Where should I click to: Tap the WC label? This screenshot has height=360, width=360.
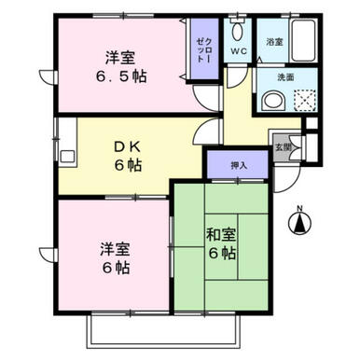tap(239, 50)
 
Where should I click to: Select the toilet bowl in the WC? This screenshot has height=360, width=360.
tap(238, 29)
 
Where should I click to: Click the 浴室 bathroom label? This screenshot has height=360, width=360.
tap(274, 42)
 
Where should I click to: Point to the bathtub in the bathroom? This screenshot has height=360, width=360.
tap(304, 40)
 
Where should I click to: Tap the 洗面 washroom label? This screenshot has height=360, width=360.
tap(285, 77)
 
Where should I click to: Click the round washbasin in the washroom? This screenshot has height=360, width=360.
tap(273, 101)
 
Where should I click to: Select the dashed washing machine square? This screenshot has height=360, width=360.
tap(305, 100)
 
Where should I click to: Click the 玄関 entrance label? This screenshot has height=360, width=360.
tap(283, 147)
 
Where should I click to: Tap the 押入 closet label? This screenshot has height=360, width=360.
tap(239, 165)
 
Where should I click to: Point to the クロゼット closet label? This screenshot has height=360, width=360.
tap(204, 51)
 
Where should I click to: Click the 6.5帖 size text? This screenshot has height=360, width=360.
tap(121, 76)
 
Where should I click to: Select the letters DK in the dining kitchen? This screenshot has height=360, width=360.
tap(128, 147)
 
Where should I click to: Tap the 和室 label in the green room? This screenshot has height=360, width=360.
tap(221, 235)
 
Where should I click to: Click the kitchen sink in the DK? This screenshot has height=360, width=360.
tap(67, 156)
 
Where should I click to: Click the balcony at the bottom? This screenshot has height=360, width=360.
tap(164, 330)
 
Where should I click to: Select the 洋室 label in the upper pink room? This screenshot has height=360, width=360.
tap(120, 58)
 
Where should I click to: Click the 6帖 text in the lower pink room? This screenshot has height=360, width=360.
tap(116, 267)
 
